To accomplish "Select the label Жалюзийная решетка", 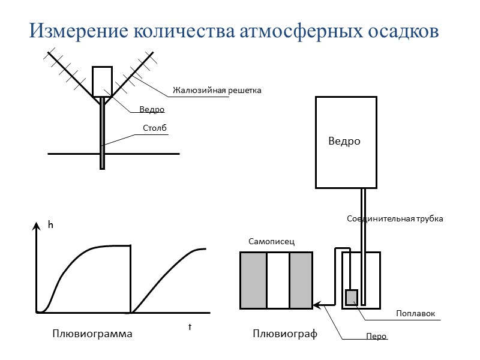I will tap(217, 91).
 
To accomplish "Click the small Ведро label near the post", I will tap(152, 110).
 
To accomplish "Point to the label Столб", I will tap(154, 128).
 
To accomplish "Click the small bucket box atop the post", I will tap(102, 81).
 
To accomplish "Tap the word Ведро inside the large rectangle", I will tap(344, 142).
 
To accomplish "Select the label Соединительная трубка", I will tap(395, 219).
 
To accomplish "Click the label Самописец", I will tap(272, 241).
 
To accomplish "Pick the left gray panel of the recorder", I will tap(253, 280).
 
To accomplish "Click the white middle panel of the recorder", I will tap(277, 280).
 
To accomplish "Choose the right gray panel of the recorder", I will tap(301, 280).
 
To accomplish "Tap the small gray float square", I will tap(352, 297).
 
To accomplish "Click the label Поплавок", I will tap(415, 314).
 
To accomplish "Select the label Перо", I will tap(376, 337).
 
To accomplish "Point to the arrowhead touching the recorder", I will tap(316, 305).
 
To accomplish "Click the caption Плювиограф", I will tap(285, 334).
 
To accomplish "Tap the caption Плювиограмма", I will tap(92, 334).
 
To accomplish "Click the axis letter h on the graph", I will tap(51, 225).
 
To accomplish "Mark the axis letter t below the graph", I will tap(190, 327).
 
